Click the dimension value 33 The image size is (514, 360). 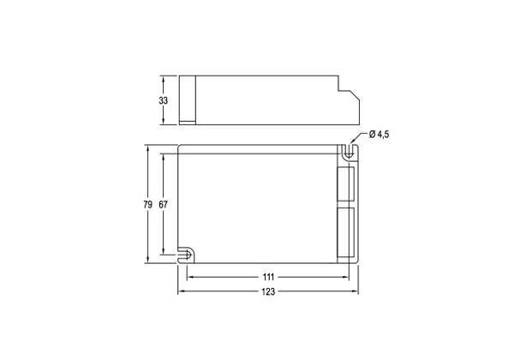[x=164, y=100]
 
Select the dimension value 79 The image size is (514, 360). [x=148, y=205]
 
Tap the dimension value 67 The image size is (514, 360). [x=164, y=205]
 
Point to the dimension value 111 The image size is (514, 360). [x=268, y=278]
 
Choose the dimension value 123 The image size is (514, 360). [x=268, y=291]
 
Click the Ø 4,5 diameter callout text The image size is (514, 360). [x=379, y=135]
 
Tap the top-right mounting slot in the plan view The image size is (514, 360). [x=349, y=152]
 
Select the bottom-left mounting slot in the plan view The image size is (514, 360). [x=186, y=254]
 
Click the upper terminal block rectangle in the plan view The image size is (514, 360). [x=346, y=183]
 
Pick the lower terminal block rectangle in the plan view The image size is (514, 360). [x=346, y=231]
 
